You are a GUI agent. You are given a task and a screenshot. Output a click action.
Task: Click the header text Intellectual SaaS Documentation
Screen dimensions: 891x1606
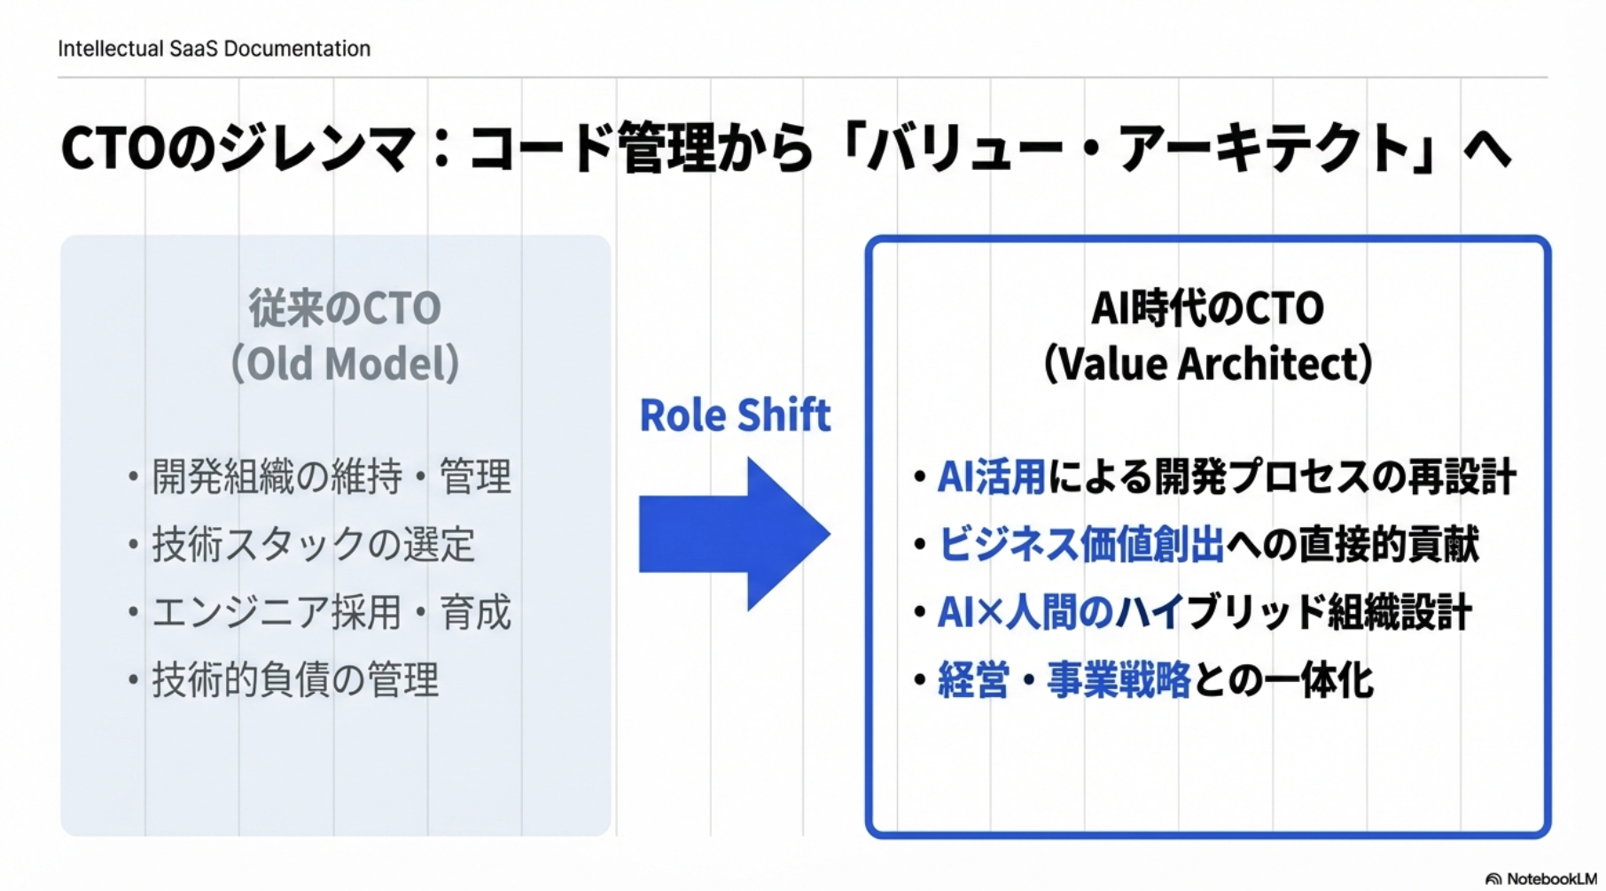pos(214,49)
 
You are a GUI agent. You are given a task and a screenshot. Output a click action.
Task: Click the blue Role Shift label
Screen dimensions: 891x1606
pos(735,415)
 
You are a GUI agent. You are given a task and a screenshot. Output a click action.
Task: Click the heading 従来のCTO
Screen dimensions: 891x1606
pos(344,308)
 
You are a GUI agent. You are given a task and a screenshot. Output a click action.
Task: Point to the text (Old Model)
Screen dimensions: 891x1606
pos(344,363)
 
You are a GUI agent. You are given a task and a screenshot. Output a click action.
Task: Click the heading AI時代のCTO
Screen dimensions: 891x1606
pos(1207,308)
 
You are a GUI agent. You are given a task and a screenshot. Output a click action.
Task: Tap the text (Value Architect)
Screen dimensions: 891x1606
pos(1207,363)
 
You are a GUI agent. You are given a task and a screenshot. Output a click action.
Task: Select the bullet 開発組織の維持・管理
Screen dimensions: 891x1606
pos(331,476)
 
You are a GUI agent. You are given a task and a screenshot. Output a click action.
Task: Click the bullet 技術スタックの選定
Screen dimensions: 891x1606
pos(313,544)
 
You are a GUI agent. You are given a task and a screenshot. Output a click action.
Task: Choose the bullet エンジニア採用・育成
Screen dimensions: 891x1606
pos(331,612)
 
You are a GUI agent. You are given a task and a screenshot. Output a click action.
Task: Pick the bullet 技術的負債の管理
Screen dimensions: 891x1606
pos(295,680)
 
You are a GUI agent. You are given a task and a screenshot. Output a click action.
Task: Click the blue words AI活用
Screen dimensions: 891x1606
pos(991,476)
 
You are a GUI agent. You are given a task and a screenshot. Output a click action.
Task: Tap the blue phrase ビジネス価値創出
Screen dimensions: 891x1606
pos(1080,544)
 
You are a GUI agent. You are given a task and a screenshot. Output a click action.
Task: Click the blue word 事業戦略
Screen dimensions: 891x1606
pos(1119,680)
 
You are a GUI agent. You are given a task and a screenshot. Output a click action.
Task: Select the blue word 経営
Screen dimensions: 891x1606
pos(973,680)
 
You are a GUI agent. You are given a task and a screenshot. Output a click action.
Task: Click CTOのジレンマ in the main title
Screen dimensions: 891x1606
pos(238,149)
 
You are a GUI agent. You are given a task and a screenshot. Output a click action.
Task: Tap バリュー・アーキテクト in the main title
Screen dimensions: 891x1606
pos(1139,149)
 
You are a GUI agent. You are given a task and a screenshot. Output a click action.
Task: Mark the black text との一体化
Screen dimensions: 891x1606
pos(1283,680)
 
